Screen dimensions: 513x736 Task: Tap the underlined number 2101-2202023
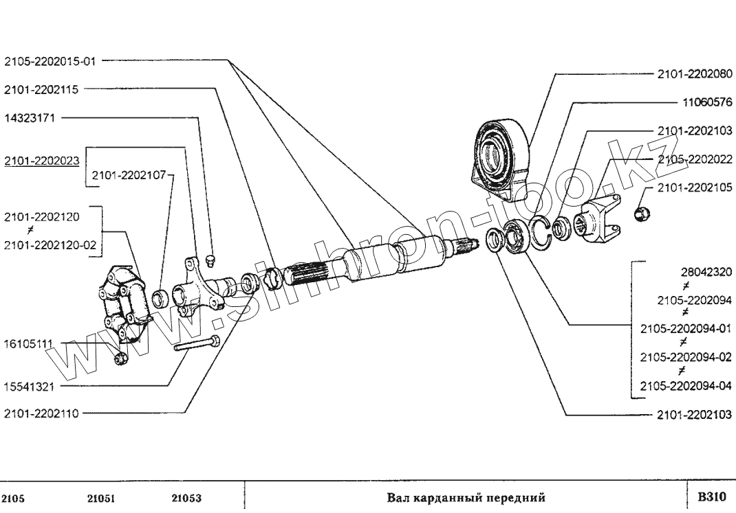coord(41,161)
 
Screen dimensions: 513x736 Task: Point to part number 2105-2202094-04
coord(686,387)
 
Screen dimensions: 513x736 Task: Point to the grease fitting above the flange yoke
coord(210,262)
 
